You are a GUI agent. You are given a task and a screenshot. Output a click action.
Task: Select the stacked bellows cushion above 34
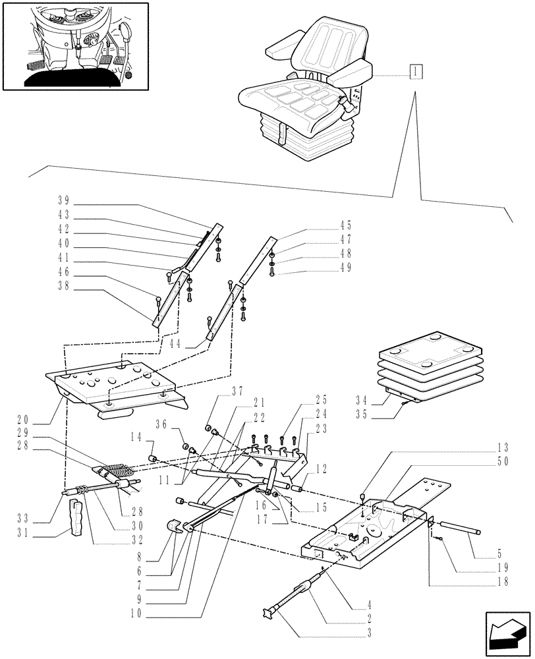click(x=412, y=364)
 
